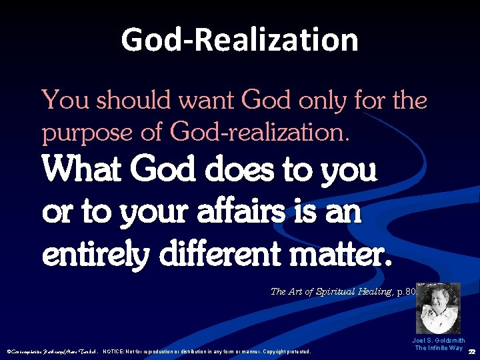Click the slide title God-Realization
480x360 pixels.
coord(240,40)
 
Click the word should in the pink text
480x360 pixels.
coord(127,101)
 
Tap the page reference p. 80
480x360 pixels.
coord(399,291)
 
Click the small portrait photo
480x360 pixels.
coord(438,308)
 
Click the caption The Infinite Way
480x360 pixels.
coord(439,348)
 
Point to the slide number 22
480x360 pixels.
coord(472,351)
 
